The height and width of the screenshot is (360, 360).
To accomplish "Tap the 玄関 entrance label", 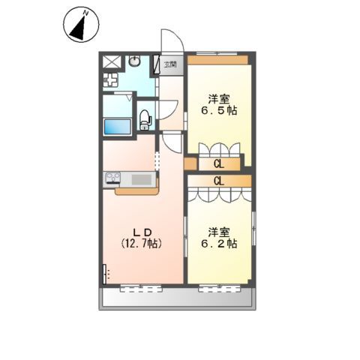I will [171, 64].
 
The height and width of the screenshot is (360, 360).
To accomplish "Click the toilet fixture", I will [144, 118].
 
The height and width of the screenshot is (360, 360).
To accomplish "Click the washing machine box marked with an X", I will [112, 61].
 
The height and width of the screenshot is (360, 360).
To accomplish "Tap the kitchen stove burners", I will [113, 178].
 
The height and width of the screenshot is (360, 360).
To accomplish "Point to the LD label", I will [142, 230].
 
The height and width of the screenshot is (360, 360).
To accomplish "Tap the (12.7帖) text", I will [142, 243].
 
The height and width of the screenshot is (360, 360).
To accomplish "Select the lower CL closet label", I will [219, 180].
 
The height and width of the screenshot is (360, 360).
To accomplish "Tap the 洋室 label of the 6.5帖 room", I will [217, 97].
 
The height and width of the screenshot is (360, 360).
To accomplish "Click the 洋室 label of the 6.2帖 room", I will [219, 230].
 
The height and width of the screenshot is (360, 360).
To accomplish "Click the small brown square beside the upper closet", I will [190, 163].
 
